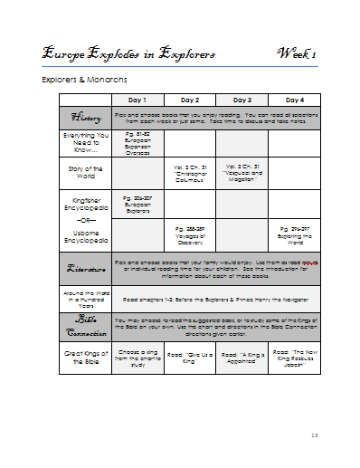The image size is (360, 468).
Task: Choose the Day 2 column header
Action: (190, 100)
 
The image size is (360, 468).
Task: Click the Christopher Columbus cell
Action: (190, 172)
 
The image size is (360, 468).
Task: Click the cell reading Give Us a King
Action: (190, 359)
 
